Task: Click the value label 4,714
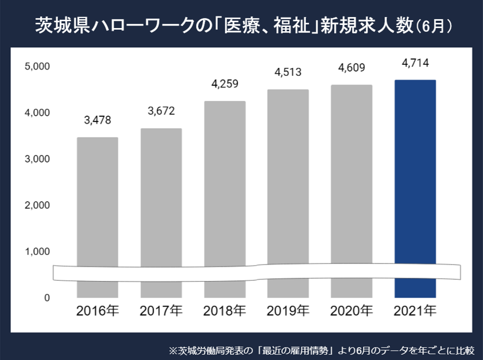pyautogui.click(x=415, y=63)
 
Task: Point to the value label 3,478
pyautogui.click(x=98, y=120)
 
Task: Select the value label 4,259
pyautogui.click(x=225, y=84)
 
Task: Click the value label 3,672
pyautogui.click(x=161, y=111)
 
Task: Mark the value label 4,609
pyautogui.click(x=352, y=67)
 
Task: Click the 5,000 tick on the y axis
pyautogui.click(x=36, y=66)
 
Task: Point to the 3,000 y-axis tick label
pyautogui.click(x=36, y=159)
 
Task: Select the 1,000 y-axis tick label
pyautogui.click(x=36, y=252)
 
